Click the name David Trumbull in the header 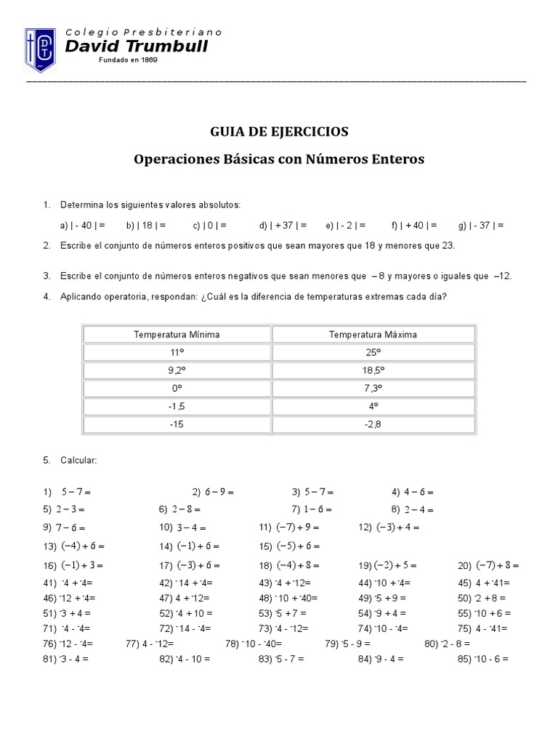click(x=137, y=46)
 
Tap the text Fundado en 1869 click(x=128, y=60)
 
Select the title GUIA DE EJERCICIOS click(x=279, y=131)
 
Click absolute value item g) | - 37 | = click(x=481, y=225)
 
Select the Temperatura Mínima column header click(x=177, y=334)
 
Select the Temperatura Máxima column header click(x=373, y=334)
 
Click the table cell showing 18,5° click(x=373, y=370)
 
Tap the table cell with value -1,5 click(x=177, y=406)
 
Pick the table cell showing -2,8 click(x=373, y=424)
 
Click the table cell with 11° click(x=177, y=353)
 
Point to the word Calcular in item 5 click(x=78, y=461)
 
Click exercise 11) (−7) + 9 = click(x=289, y=528)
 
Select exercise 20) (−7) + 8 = click(x=488, y=565)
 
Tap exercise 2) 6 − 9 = click(x=213, y=492)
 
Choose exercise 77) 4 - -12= click(x=148, y=644)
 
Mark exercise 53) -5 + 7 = click(x=281, y=613)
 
